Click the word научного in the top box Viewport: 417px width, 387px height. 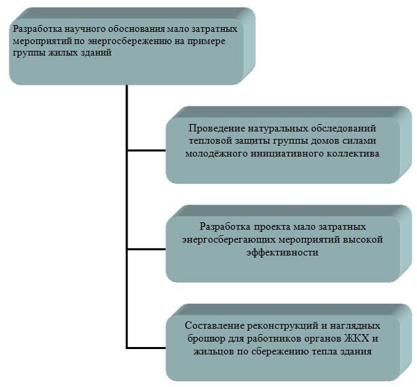click(84, 29)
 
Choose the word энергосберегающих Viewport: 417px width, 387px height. click(228, 240)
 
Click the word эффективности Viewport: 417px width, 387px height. click(282, 252)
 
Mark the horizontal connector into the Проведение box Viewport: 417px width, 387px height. click(147, 150)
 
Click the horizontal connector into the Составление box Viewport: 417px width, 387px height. click(146, 348)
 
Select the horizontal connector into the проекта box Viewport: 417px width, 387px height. click(147, 249)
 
